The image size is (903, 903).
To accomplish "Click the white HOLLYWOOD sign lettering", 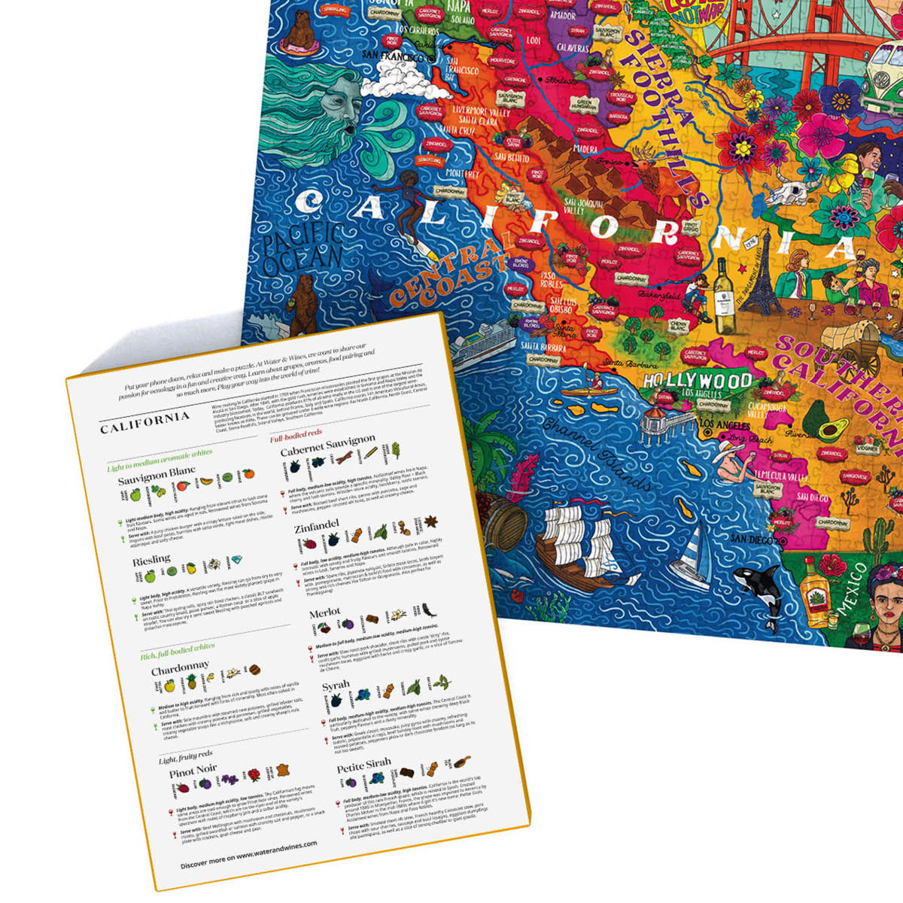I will click(x=698, y=379).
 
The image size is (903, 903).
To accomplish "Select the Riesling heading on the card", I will click(x=151, y=561).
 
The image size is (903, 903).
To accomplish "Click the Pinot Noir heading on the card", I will click(x=193, y=771).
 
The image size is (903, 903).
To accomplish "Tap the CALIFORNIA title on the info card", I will click(x=144, y=422).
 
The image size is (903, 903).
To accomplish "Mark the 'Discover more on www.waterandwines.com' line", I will click(x=248, y=854).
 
